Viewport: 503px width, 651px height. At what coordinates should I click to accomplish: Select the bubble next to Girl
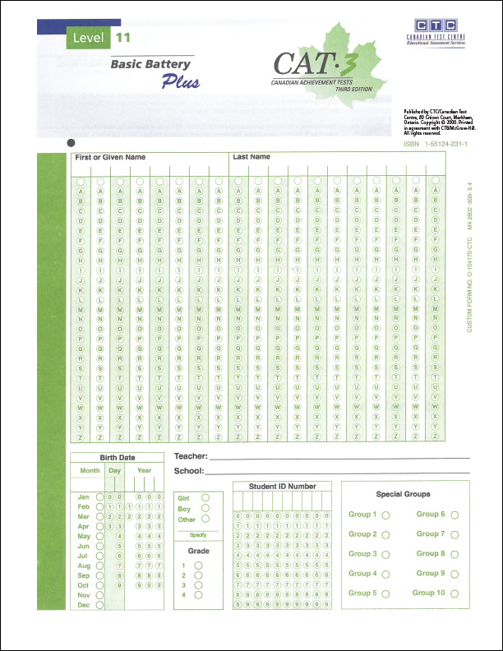pyautogui.click(x=205, y=497)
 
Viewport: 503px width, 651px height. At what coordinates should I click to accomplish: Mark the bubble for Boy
pyautogui.click(x=205, y=508)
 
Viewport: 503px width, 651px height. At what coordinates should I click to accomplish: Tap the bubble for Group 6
pyautogui.click(x=455, y=515)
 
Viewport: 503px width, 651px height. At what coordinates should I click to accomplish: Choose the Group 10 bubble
pyautogui.click(x=455, y=593)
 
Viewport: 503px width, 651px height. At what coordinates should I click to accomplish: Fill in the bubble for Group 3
pyautogui.click(x=385, y=554)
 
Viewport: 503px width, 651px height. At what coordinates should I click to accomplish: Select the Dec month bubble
pyautogui.click(x=99, y=605)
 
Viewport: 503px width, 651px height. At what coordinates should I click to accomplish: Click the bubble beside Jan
pyautogui.click(x=99, y=497)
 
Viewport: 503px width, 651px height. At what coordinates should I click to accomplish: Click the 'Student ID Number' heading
pyautogui.click(x=282, y=487)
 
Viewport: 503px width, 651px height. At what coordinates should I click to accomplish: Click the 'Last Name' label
pyautogui.click(x=251, y=156)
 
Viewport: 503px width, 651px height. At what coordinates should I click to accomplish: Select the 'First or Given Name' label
pyautogui.click(x=110, y=156)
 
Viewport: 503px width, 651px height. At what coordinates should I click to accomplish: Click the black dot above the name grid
pyautogui.click(x=69, y=141)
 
